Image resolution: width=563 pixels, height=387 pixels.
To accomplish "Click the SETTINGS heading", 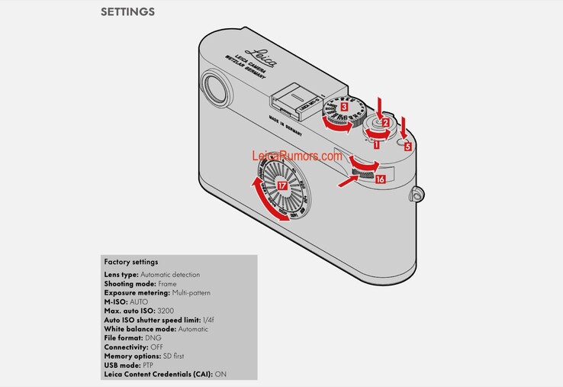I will (x=127, y=12).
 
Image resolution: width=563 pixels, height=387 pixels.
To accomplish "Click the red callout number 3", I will (x=345, y=108).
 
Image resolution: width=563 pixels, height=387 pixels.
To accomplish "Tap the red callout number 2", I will (x=386, y=122).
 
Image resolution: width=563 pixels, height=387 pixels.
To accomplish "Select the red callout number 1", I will (x=376, y=140).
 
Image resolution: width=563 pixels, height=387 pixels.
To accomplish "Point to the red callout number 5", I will (x=408, y=145).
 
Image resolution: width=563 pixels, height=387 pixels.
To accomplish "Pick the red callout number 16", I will (x=380, y=178).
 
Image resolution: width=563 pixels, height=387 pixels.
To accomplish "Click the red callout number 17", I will (x=282, y=185).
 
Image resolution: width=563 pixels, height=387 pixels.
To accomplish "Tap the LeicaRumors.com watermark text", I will (x=297, y=156).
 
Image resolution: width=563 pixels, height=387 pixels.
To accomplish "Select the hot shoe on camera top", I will (x=288, y=102).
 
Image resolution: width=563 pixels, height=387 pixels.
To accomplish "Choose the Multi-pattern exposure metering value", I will (x=190, y=292).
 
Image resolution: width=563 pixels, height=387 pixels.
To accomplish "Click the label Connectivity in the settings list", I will (x=126, y=347).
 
